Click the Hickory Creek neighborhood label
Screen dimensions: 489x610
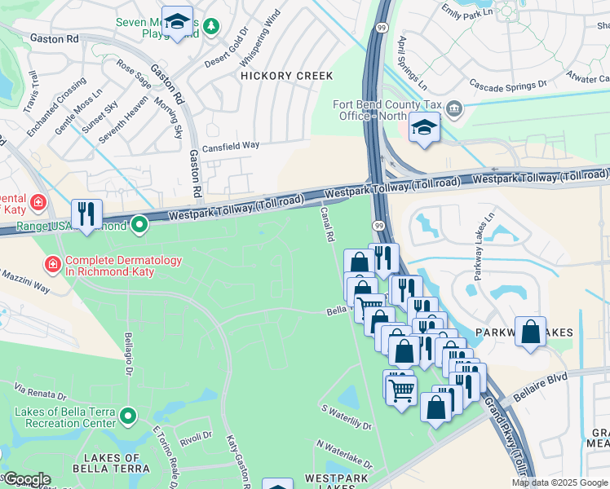tap(286, 76)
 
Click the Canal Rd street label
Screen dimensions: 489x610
tap(328, 224)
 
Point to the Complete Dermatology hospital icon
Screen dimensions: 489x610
tap(52, 264)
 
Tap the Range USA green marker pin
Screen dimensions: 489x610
tap(139, 222)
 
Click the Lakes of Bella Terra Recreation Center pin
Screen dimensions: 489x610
tap(128, 416)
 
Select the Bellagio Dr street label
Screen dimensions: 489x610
tap(129, 355)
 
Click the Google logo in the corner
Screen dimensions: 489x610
tap(26, 479)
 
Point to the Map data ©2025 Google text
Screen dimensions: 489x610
tap(560, 482)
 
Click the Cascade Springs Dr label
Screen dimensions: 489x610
tap(507, 84)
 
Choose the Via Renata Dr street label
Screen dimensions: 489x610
tap(39, 393)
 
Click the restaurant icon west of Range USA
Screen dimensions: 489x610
tap(86, 214)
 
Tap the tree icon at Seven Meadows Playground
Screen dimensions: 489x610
tap(211, 27)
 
